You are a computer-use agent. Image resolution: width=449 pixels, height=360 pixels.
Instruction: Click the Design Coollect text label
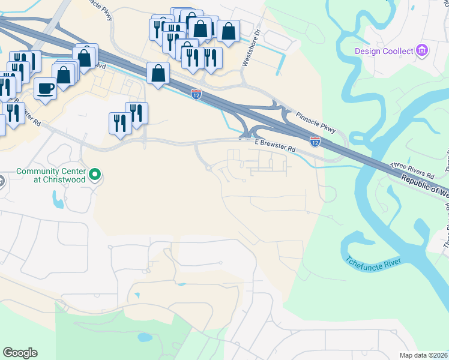point(384,50)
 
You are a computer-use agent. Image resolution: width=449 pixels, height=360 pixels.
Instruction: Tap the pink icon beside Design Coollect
point(422,50)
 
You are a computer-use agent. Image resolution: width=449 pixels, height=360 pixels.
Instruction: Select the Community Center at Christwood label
point(50,175)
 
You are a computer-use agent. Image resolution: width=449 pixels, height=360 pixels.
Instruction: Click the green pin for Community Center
point(95,175)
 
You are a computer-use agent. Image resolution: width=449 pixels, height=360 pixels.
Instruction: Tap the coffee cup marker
point(45,89)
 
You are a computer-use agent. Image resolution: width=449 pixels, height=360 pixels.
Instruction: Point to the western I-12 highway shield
point(196,94)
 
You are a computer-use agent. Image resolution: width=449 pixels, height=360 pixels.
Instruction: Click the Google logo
point(20,353)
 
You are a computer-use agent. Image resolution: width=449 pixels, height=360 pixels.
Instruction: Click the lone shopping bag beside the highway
point(158,74)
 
